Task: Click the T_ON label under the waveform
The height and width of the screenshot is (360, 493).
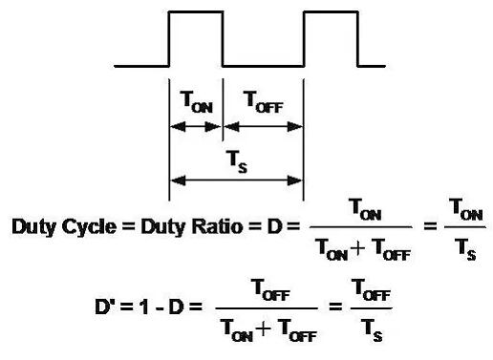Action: pyautogui.click(x=195, y=99)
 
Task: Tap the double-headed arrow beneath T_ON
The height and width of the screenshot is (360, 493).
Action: pyautogui.click(x=195, y=127)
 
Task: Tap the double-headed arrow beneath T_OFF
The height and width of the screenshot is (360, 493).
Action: pyautogui.click(x=263, y=127)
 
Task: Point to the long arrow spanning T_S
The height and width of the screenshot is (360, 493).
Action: pyautogui.click(x=236, y=180)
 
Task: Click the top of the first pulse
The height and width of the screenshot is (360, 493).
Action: pyautogui.click(x=195, y=11)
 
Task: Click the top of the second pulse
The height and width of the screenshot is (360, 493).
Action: pyautogui.click(x=330, y=11)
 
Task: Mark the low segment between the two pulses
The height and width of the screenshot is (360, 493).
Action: pyautogui.click(x=263, y=66)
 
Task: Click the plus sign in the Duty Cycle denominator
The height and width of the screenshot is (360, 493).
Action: pyautogui.click(x=365, y=251)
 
